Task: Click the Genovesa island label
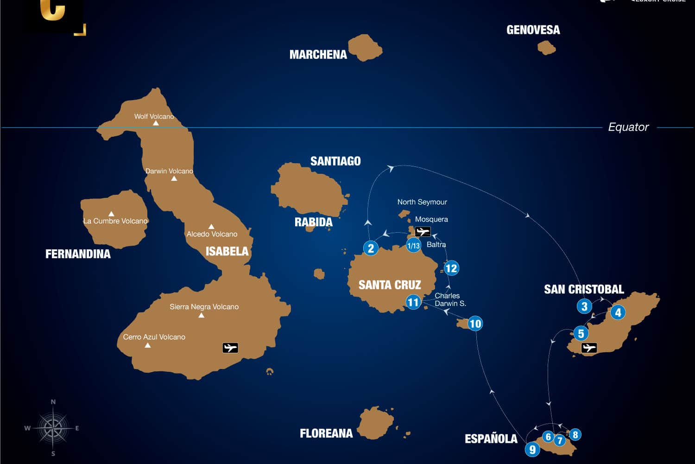coord(533,30)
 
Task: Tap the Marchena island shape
coord(365,47)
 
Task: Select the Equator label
coord(628,127)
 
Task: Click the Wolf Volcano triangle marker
coord(156,123)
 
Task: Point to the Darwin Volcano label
coord(169,171)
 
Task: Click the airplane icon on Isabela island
coord(230,348)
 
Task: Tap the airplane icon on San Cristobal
coord(589,348)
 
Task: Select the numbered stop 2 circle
coord(371,248)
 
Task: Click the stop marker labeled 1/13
coord(413,246)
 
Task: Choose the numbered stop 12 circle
coord(451,268)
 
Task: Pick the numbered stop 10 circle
coord(475,323)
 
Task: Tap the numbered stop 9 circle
coord(532,449)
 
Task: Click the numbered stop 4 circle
coord(618,312)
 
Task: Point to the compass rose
coord(53,427)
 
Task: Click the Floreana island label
coord(326,433)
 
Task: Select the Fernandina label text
coord(78,254)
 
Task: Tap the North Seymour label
coord(422,202)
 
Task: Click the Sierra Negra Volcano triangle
coord(201,316)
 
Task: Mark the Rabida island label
coord(314,222)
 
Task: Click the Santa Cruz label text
coord(390,285)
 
